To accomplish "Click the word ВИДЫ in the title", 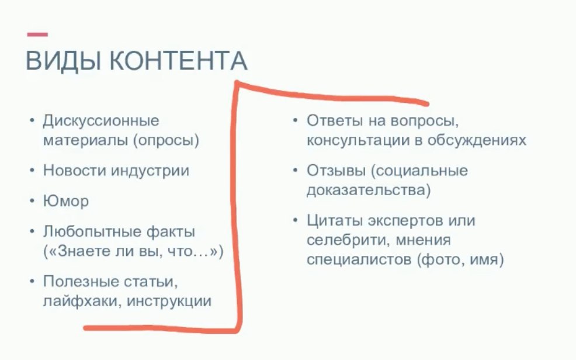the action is click(63, 61).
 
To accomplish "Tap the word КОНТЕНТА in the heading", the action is click(179, 61).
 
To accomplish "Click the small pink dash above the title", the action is click(37, 34).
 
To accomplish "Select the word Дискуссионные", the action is click(101, 121).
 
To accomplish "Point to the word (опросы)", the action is click(166, 141).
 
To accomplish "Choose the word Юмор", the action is click(66, 202).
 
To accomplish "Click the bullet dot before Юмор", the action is click(32, 201).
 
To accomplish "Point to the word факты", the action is click(171, 232).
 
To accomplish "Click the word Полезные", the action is click(81, 282).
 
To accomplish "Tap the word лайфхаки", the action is click(82, 301).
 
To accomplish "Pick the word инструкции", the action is click(169, 302).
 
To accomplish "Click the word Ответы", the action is click(335, 121).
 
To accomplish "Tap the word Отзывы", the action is click(336, 171).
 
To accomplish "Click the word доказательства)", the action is click(369, 191).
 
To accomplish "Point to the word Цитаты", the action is click(335, 221).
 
